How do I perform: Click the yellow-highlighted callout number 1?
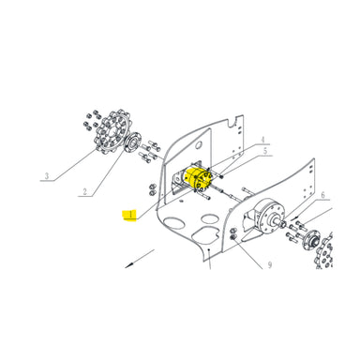click(x=130, y=215)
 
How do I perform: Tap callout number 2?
click(x=84, y=191)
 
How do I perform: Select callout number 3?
click(x=47, y=176)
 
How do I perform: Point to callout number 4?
click(x=262, y=140)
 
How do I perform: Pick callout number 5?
click(x=265, y=151)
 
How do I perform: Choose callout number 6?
click(x=322, y=195)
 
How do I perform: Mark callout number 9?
click(x=270, y=265)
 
